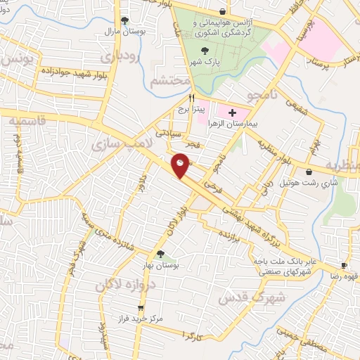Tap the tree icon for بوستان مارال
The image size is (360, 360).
click(124, 20)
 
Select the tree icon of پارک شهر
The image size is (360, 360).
click(205, 50)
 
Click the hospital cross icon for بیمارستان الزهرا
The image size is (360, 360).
click(233, 112)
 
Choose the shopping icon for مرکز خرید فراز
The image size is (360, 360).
click(141, 308)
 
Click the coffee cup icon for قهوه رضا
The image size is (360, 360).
click(344, 265)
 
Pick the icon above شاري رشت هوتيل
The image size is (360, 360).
click(309, 172)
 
